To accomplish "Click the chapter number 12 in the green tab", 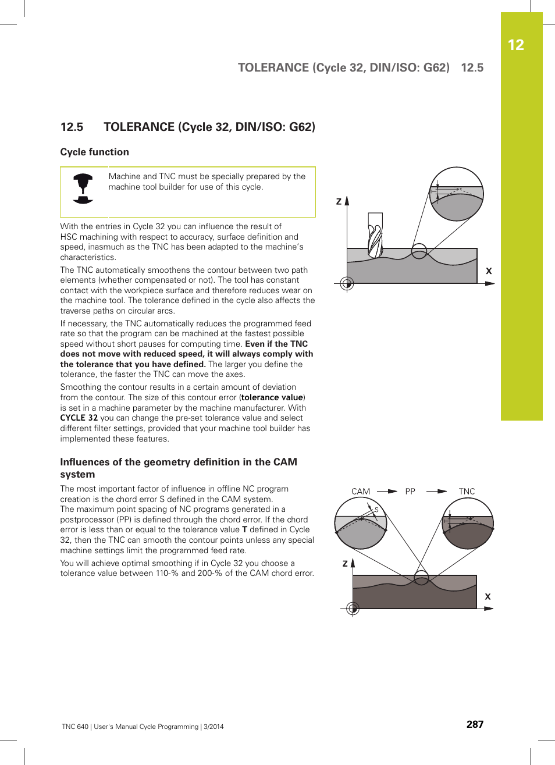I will click(x=515, y=45).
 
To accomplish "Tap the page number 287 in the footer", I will click(x=475, y=724).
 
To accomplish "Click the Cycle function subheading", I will click(x=95, y=152).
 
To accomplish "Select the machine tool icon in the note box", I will click(x=83, y=188).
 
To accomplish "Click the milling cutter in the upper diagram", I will click(x=375, y=236).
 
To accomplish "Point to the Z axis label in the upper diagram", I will click(x=339, y=202).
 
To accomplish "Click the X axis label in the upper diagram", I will click(x=489, y=271).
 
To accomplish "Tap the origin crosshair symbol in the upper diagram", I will click(x=347, y=283).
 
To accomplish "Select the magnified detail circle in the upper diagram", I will click(x=457, y=194).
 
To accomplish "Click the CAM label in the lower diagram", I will click(x=361, y=492).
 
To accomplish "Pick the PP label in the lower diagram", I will click(x=410, y=492).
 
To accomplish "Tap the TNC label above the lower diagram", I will click(x=467, y=492).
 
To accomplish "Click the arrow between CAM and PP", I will click(x=387, y=492).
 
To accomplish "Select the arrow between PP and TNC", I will click(x=436, y=492).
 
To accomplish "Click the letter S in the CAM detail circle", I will click(x=376, y=510).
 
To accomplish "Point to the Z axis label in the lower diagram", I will click(x=345, y=564).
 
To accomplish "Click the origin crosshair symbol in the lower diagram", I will click(x=353, y=609).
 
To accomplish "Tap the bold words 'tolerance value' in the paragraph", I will click(x=272, y=397).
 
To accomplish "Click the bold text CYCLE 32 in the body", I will click(x=79, y=418).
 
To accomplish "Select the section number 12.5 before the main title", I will click(x=72, y=127).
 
